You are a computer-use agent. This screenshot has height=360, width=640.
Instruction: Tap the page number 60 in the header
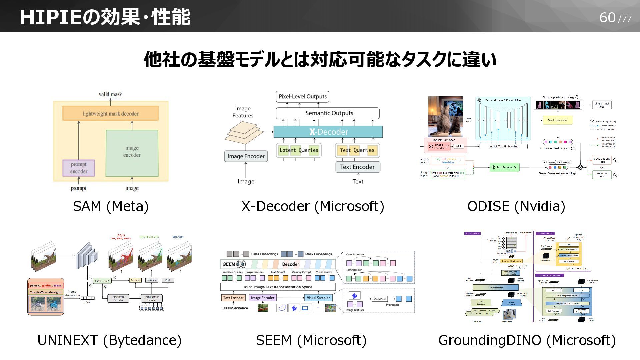click(607, 18)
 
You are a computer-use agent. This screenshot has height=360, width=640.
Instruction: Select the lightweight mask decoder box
click(110, 114)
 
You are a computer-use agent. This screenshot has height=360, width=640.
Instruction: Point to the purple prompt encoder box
click(79, 168)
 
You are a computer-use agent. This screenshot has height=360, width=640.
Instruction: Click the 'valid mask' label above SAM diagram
click(110, 94)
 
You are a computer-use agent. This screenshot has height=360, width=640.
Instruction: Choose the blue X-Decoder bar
click(328, 132)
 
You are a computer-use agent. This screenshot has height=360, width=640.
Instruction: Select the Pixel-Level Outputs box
click(302, 97)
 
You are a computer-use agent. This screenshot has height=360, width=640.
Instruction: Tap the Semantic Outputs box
click(328, 113)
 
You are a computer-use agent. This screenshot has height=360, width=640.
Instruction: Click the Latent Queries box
click(299, 150)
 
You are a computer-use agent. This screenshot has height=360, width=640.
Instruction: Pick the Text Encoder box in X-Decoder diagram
click(357, 167)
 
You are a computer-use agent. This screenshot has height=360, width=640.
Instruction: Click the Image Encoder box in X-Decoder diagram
click(246, 156)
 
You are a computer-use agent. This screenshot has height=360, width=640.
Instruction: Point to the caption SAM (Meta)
click(111, 206)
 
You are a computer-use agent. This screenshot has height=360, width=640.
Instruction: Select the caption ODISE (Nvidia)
click(516, 206)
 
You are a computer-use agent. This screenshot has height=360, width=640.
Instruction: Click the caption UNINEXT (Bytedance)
click(109, 340)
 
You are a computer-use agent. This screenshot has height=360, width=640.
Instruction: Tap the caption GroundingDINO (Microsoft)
click(527, 340)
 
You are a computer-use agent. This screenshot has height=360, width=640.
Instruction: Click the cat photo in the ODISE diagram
click(445, 116)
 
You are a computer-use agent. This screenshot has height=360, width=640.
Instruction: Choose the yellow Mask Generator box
click(558, 120)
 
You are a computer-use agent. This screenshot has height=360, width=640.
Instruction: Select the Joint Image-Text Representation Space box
click(278, 287)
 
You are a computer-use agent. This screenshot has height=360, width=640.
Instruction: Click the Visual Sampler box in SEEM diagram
click(318, 298)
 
